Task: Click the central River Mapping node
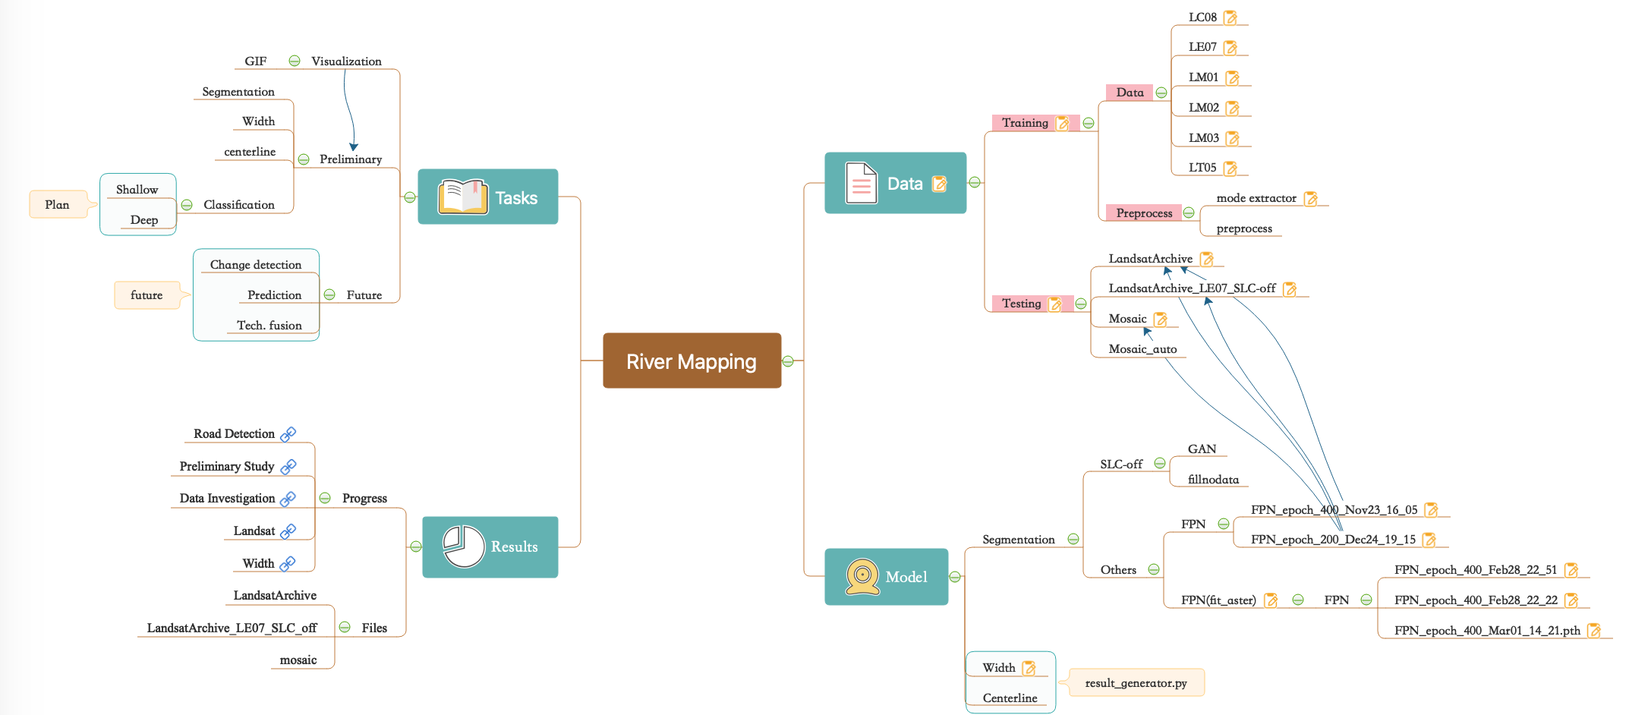tap(692, 361)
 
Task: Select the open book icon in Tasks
tap(462, 197)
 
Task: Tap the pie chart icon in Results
tap(464, 546)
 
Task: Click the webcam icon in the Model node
tap(862, 577)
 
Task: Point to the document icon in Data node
tap(861, 183)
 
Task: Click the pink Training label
tap(1025, 123)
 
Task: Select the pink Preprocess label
tap(1144, 213)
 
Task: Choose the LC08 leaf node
tap(1202, 17)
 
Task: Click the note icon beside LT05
tap(1230, 168)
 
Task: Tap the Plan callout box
tap(57, 205)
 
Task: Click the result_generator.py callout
tap(1136, 683)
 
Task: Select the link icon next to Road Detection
tap(288, 434)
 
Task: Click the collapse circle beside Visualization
tap(295, 61)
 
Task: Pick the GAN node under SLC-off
tap(1202, 449)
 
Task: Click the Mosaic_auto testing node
tap(1142, 349)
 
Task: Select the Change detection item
tap(256, 265)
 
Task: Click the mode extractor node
tap(1256, 198)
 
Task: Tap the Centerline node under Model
tap(1010, 698)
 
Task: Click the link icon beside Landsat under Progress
tap(288, 531)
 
